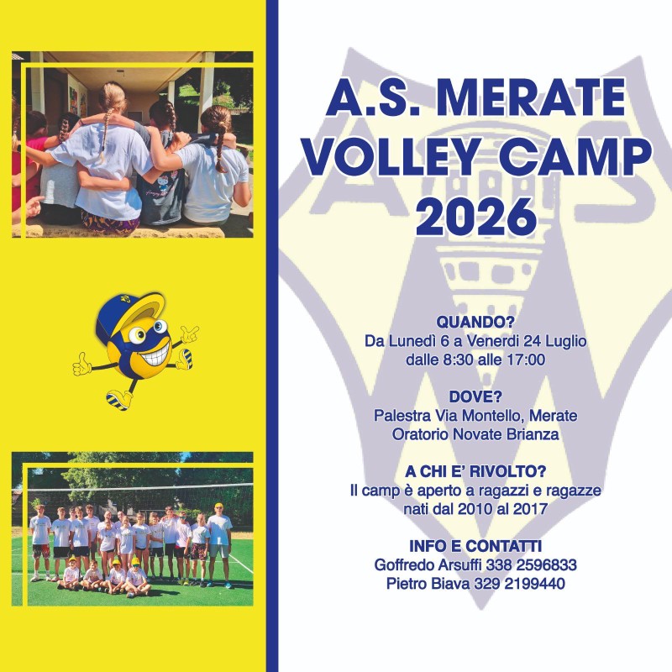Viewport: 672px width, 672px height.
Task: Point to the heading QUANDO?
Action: coord(475,323)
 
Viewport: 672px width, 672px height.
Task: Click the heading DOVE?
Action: coord(475,396)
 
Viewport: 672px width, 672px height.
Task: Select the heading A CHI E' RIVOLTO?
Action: coord(475,470)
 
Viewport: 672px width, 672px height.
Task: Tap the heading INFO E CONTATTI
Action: coord(475,545)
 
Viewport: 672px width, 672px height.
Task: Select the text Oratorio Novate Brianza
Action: coord(475,433)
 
